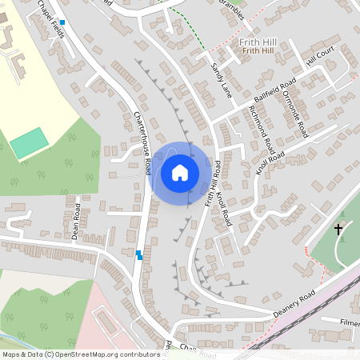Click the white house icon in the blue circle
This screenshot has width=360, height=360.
[x=180, y=173]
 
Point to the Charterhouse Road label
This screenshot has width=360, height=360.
[x=142, y=142]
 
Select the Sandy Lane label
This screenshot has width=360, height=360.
[x=220, y=79]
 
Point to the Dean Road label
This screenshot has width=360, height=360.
[x=75, y=221]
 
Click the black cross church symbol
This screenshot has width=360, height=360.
[x=338, y=230]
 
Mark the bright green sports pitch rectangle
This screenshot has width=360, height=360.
[x=29, y=142]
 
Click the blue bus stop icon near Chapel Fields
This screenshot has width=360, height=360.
[x=62, y=22]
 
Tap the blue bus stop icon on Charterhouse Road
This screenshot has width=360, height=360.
[x=139, y=255]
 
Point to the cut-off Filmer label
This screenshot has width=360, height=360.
[x=350, y=322]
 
